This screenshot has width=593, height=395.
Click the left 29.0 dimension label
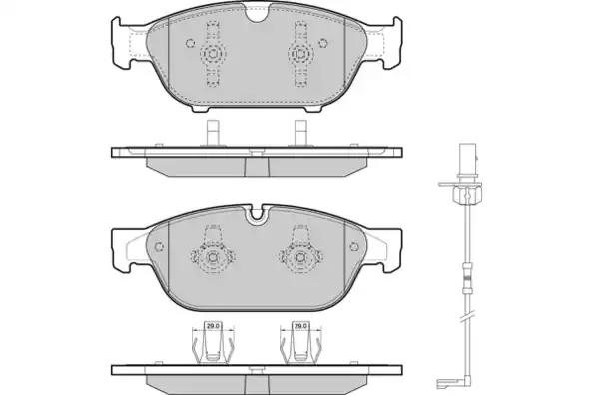click(x=213, y=326)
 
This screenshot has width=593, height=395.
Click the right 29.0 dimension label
click(x=300, y=326)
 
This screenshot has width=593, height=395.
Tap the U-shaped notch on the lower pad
click(x=257, y=214)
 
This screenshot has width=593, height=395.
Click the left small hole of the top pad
click(x=190, y=43)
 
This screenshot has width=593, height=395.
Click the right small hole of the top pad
click(x=323, y=43)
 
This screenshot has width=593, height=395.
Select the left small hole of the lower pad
click(x=159, y=246)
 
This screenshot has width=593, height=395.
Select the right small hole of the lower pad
click(x=354, y=246)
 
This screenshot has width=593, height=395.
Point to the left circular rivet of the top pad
click(x=213, y=53)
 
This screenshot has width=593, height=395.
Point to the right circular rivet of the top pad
click(x=300, y=53)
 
